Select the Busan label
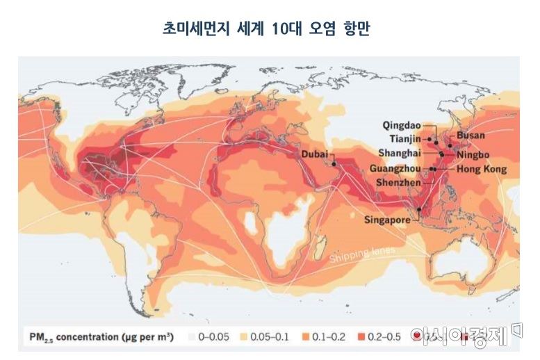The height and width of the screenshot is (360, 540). click(471, 135)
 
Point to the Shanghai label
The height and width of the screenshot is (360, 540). click(400, 153)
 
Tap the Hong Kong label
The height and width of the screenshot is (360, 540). click(482, 169)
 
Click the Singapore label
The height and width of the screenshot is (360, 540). click(388, 220)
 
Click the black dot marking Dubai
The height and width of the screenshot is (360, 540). click(334, 163)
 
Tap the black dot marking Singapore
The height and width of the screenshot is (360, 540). click(419, 209)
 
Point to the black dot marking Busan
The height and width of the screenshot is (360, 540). click(450, 145)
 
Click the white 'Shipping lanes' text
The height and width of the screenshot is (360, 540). click(362, 254)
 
